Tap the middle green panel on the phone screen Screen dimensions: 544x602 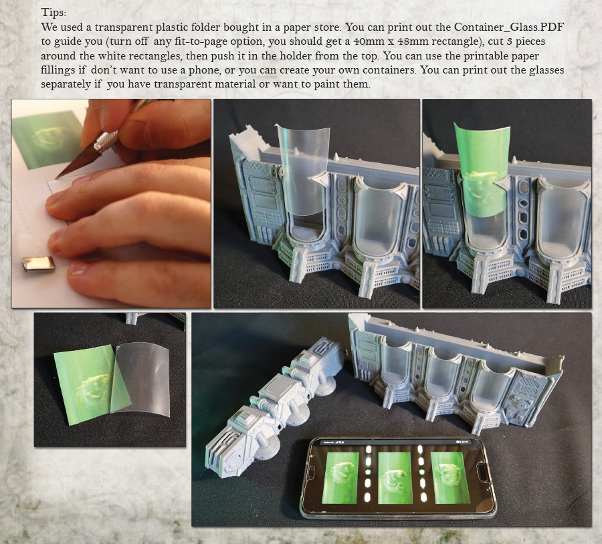(394, 477)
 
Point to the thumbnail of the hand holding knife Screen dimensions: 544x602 (111, 203)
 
